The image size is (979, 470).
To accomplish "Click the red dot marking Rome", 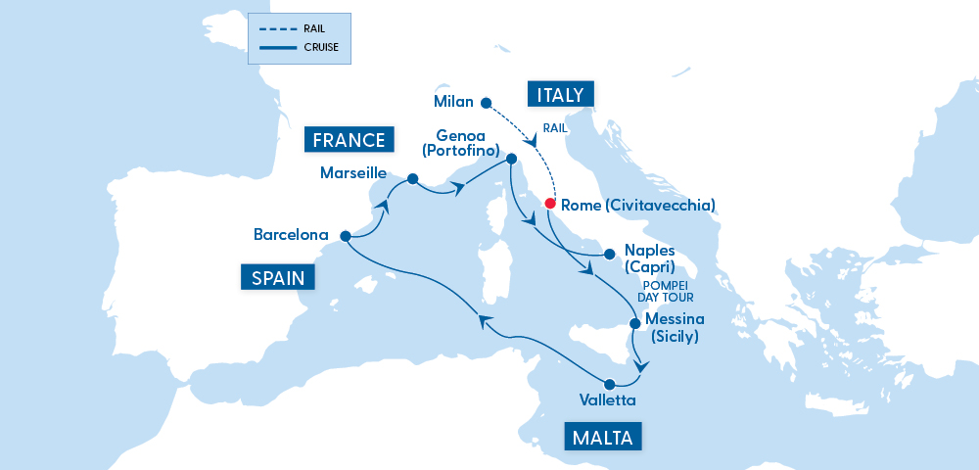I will (x=550, y=205).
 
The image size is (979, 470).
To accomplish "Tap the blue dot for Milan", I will (x=485, y=101).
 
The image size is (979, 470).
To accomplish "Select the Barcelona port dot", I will (x=346, y=236).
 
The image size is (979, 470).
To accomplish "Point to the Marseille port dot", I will (x=412, y=179).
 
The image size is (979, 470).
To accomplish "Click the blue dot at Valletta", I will (x=609, y=384).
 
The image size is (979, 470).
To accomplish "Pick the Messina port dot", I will (x=634, y=323).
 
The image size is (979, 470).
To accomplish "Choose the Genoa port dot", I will (x=511, y=157).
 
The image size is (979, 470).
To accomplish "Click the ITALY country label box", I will (x=561, y=95).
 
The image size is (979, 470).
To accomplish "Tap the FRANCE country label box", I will (x=349, y=140).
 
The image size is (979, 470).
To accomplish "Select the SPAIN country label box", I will (x=279, y=278).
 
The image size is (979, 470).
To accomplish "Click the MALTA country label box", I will (x=603, y=437).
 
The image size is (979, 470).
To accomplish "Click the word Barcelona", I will (x=291, y=235).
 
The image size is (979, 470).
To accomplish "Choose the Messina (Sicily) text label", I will (x=675, y=328).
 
